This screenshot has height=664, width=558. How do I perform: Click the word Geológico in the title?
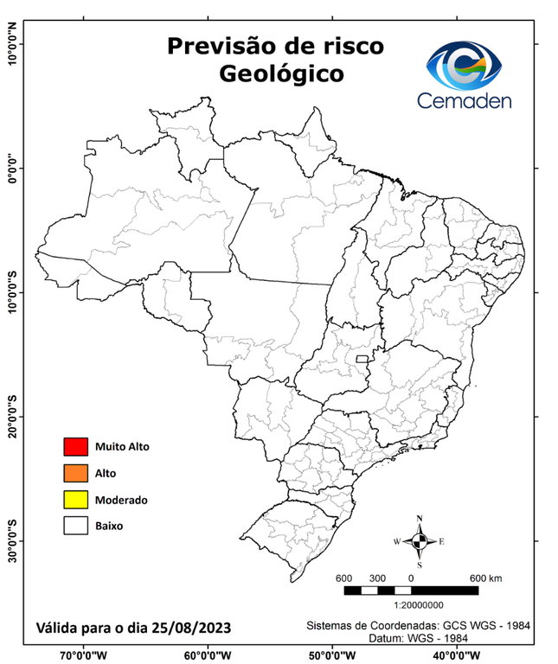(x=281, y=73)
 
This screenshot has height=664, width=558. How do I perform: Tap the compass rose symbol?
(x=420, y=542)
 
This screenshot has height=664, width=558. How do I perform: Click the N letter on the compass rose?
(x=420, y=520)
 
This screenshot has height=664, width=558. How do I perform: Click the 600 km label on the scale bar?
(x=485, y=578)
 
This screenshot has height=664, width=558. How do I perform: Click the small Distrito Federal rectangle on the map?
(x=362, y=358)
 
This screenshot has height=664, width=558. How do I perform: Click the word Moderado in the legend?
(x=122, y=500)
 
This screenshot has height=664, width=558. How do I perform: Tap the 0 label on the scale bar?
(x=411, y=578)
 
